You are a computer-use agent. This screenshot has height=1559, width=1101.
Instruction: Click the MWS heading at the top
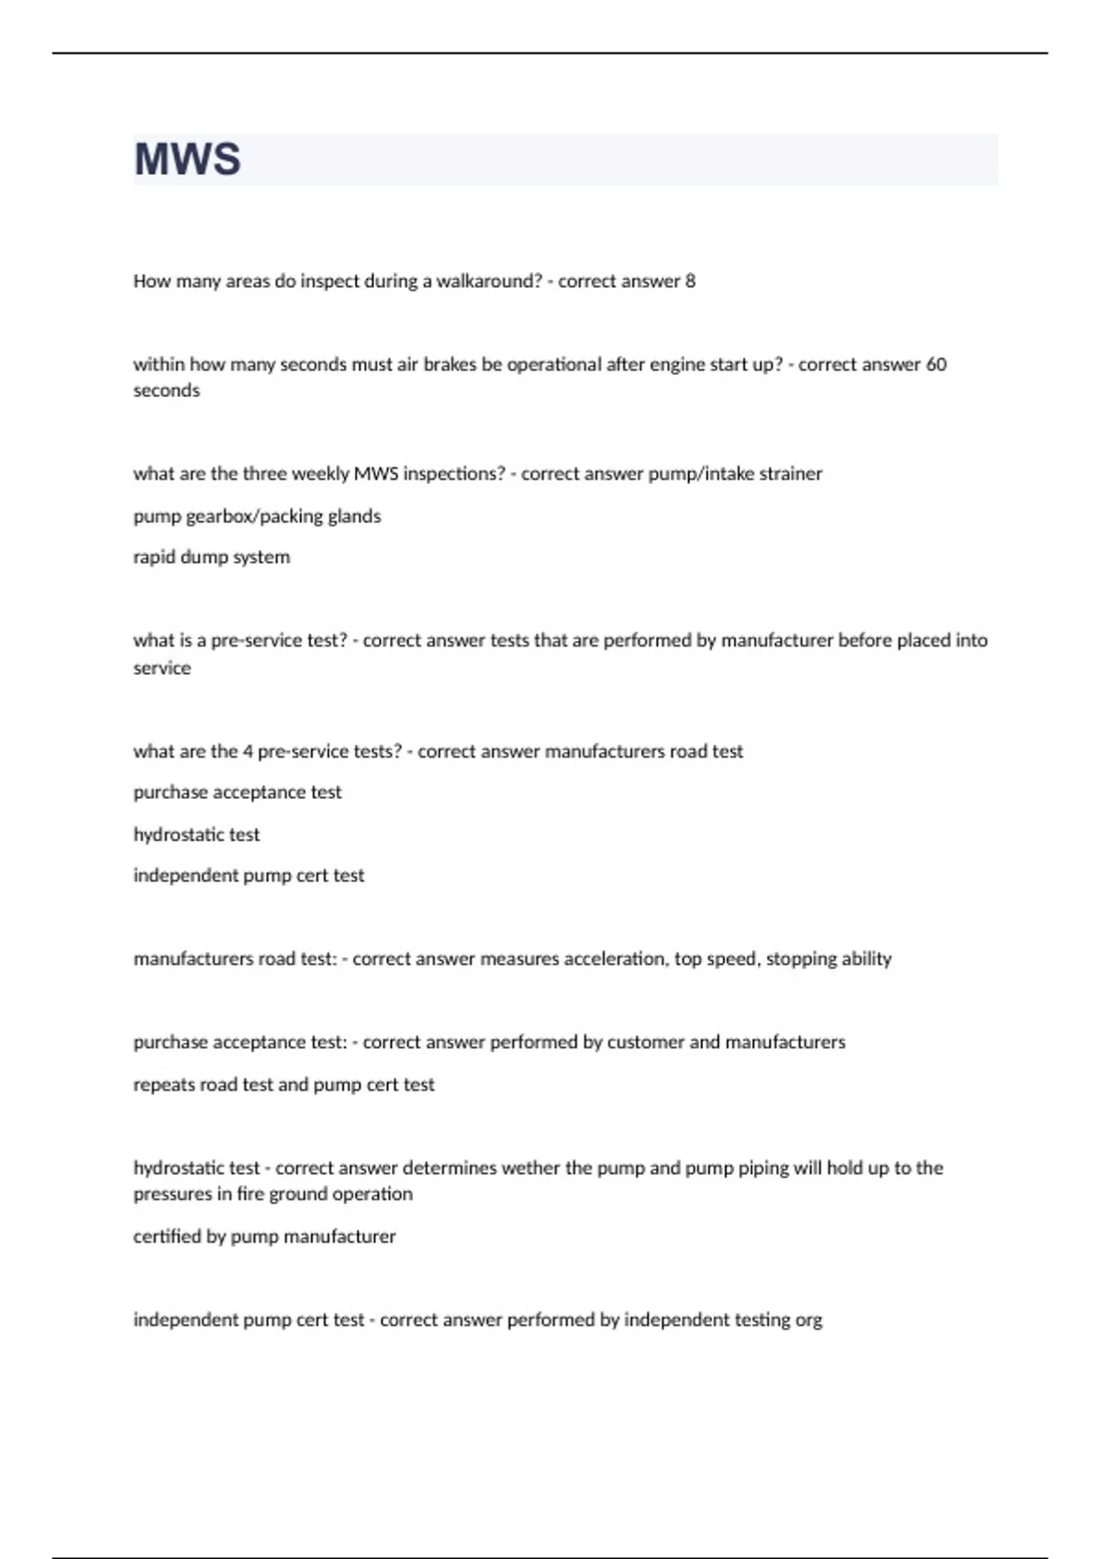coord(187,159)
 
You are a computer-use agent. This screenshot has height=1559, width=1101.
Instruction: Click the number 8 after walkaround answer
coord(690,281)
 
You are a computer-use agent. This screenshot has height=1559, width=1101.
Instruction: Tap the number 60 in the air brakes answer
coord(936,364)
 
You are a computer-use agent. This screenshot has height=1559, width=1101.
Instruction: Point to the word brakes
coord(450,364)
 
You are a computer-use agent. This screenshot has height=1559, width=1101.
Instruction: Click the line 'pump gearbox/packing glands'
coord(257,515)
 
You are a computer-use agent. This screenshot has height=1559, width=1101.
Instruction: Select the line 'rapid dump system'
coord(211,557)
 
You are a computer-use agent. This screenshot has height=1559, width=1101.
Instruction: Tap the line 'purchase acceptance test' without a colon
coord(237,791)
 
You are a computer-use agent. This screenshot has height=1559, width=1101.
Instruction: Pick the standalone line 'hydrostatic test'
coord(196,835)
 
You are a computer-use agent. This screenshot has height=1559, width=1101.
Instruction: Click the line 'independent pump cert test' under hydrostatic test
coord(249,875)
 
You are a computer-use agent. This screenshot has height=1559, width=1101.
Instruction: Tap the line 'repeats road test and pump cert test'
coord(284,1084)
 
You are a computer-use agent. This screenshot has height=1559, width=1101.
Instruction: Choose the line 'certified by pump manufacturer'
coord(264,1236)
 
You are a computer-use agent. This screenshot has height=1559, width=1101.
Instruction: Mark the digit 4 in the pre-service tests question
coord(248,751)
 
